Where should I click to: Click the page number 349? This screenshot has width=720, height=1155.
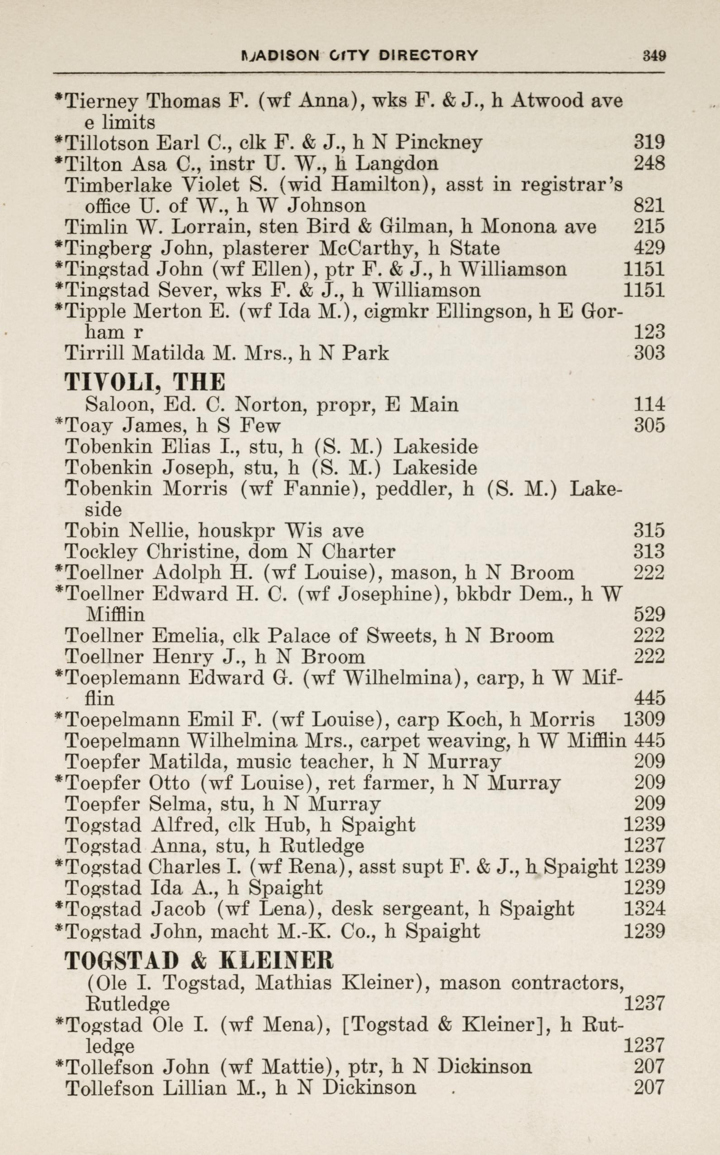click(654, 55)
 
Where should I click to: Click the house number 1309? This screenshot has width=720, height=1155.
click(644, 719)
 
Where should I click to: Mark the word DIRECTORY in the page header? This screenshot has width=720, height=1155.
click(427, 56)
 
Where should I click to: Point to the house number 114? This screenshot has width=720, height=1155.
click(649, 404)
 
